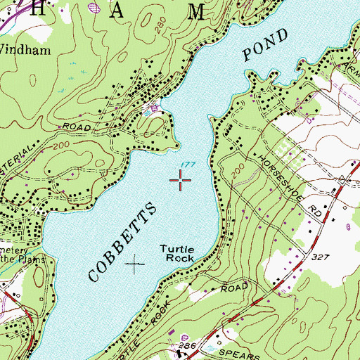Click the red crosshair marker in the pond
coord(181,181)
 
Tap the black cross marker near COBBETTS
coord(134,264)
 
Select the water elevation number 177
coord(186,165)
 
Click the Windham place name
coord(22,50)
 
